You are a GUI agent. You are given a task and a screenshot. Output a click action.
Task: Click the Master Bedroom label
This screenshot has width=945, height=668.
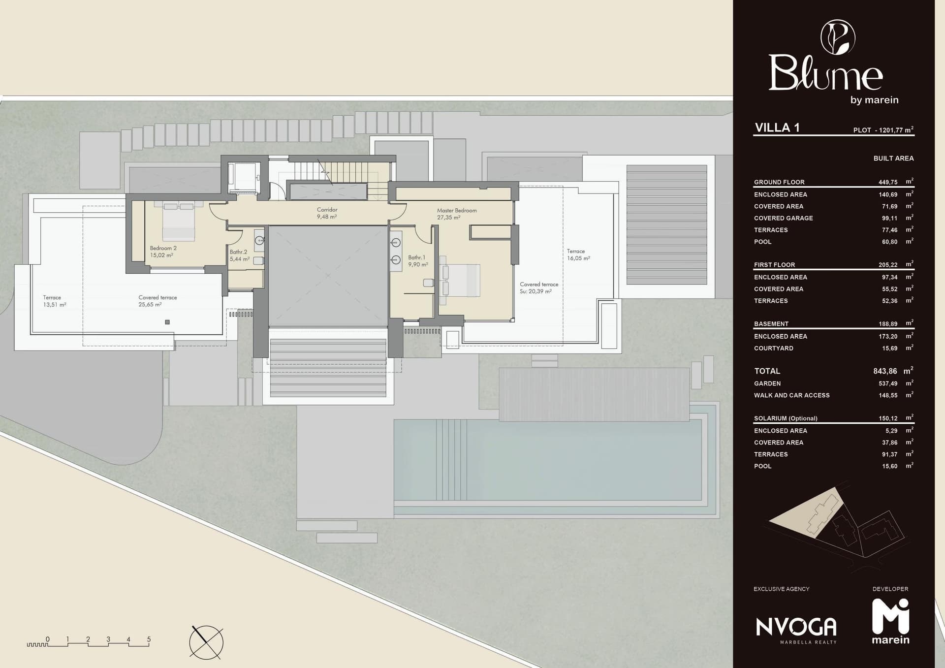click(x=457, y=214)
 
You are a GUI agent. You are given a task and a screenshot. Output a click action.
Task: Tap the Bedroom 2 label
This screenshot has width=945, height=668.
click(x=163, y=252)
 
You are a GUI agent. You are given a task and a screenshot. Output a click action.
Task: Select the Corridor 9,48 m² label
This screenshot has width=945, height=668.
click(x=327, y=213)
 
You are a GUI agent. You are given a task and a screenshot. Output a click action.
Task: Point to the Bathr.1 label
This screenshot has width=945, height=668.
click(x=418, y=261)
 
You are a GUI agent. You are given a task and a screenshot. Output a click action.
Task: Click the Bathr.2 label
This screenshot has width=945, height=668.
click(x=240, y=255)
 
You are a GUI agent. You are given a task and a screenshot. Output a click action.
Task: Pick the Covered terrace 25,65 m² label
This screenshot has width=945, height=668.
click(x=157, y=301)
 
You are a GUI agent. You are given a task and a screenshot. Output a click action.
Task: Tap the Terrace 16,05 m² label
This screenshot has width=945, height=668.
click(x=578, y=254)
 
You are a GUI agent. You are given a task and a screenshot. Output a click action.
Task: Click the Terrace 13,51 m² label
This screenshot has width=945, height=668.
click(x=55, y=301)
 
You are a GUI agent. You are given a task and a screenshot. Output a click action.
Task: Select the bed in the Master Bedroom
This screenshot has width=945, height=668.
click(x=460, y=280)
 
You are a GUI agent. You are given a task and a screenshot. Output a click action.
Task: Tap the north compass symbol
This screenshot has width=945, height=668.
click(x=206, y=642)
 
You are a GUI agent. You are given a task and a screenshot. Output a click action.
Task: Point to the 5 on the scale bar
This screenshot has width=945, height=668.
click(x=149, y=639)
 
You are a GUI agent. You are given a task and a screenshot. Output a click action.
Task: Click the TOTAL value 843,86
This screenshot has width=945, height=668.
click(x=885, y=371)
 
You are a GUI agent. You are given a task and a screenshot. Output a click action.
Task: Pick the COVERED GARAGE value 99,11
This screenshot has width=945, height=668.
click(x=889, y=218)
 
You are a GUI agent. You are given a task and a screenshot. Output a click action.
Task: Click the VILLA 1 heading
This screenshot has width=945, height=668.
click(x=777, y=127)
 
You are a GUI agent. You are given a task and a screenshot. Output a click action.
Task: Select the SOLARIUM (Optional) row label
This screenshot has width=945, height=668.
click(x=786, y=418)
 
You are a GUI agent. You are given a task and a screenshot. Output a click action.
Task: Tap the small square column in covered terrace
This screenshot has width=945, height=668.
click(x=167, y=322)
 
